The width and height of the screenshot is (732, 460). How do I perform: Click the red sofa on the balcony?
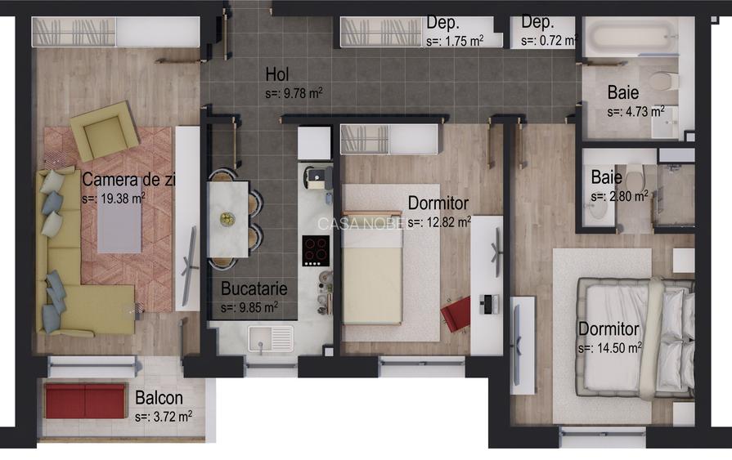85,400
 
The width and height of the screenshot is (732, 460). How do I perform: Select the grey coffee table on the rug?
119,228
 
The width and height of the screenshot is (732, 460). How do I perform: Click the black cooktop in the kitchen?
316,251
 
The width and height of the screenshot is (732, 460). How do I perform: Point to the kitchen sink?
271,338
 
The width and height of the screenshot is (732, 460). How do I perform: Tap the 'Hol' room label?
277,74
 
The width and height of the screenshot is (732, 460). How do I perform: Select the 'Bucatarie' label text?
254,288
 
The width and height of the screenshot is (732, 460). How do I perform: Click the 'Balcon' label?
159,398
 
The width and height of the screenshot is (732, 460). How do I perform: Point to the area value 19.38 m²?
114,199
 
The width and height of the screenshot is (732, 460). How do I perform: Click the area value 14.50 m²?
609,348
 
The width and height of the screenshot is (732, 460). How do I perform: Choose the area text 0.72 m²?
548,41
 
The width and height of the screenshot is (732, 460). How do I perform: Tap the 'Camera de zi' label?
128,180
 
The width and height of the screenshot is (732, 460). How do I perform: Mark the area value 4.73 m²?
635,112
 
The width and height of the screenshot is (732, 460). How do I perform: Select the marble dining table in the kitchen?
228,219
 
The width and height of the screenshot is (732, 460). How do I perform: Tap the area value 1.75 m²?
455,41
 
